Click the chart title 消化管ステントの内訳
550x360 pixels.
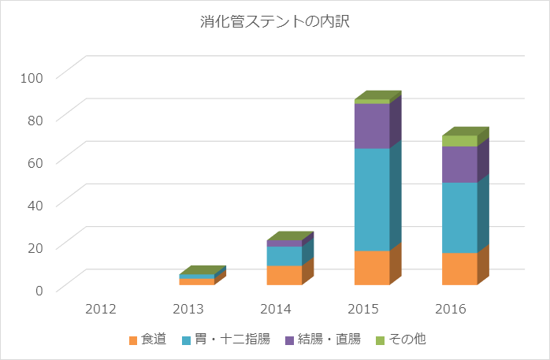pyautogui.click(x=274, y=22)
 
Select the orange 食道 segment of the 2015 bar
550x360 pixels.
pyautogui.click(x=372, y=268)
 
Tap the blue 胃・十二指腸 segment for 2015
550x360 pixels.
pyautogui.click(x=372, y=199)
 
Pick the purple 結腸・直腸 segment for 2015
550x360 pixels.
pyautogui.click(x=372, y=126)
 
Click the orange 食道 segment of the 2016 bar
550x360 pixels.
pyautogui.click(x=459, y=269)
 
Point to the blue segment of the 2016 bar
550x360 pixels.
pyautogui.click(x=459, y=217)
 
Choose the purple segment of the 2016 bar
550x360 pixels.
pyautogui.click(x=459, y=164)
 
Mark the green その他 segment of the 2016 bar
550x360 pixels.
pyautogui.click(x=459, y=141)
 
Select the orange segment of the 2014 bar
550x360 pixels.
pyautogui.click(x=284, y=275)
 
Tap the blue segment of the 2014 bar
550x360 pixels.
pyautogui.click(x=284, y=256)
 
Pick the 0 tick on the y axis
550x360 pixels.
pyautogui.click(x=43, y=289)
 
